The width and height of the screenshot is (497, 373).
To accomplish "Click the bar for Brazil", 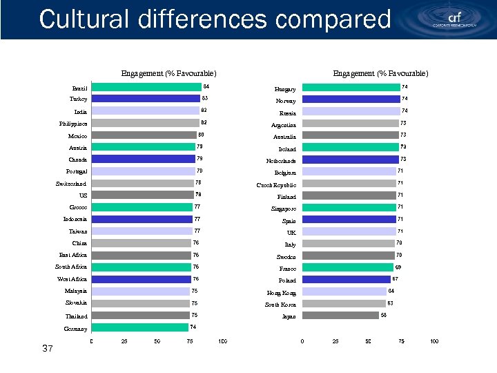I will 146,87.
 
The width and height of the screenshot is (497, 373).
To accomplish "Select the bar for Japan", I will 341,316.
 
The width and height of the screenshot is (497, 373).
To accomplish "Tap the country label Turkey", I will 78,99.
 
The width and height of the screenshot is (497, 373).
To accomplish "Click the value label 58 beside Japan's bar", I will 384,315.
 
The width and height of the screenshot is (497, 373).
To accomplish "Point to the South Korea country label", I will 280,305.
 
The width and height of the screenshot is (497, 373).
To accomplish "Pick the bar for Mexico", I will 144,135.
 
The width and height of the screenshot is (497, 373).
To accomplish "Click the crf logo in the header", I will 455,19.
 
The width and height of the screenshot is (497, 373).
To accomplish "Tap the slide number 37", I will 48,349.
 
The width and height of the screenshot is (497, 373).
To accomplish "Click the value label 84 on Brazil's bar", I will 206,86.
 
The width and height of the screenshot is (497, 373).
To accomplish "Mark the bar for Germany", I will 140,327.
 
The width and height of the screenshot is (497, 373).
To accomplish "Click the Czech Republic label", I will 276,185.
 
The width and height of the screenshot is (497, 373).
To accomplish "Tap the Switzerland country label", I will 72,184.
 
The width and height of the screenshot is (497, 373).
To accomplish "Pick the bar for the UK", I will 349,231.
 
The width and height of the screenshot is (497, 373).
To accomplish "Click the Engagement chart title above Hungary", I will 380,73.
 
